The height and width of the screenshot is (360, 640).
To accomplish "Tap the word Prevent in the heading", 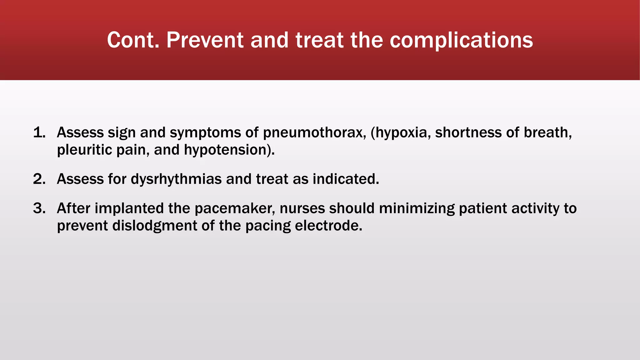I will [x=205, y=40].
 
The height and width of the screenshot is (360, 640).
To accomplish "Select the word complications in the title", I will [x=461, y=41].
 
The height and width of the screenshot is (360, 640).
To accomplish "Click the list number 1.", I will [x=39, y=132].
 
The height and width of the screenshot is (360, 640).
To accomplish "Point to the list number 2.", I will [x=39, y=179].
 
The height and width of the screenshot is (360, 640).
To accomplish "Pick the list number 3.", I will [x=39, y=208].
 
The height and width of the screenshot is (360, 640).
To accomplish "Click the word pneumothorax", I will [x=314, y=133].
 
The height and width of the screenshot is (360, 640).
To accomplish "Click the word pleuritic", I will [x=84, y=150].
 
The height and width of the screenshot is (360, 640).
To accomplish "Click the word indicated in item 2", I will [x=346, y=179].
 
